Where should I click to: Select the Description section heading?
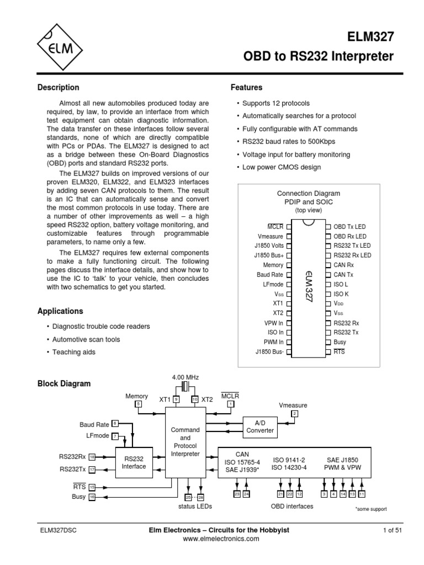(x=58, y=87)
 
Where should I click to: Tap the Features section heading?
(x=246, y=87)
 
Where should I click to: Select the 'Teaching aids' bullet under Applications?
(x=73, y=352)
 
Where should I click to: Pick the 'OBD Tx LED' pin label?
(x=349, y=226)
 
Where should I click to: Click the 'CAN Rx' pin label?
(x=345, y=265)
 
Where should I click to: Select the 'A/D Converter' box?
(x=259, y=425)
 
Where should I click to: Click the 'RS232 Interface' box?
(x=134, y=462)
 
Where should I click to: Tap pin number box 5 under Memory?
(x=139, y=404)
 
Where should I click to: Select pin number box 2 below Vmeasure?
(x=294, y=413)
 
